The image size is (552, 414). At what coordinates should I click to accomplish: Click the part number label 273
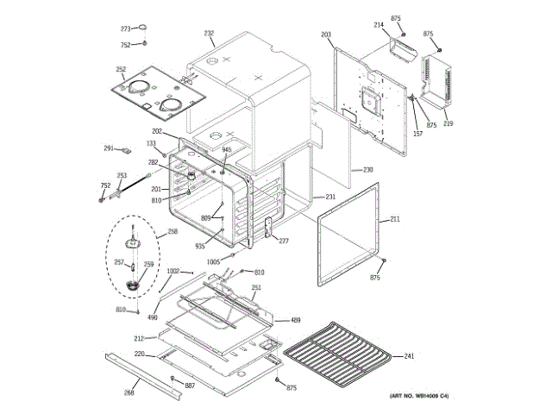click(125, 28)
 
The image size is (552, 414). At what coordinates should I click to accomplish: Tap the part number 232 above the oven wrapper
click(209, 34)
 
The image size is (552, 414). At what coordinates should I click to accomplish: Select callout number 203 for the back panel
click(325, 34)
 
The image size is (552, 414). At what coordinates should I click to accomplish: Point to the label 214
click(378, 25)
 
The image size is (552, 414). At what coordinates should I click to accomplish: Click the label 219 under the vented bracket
click(448, 124)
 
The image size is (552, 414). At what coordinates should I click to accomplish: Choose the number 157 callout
click(417, 133)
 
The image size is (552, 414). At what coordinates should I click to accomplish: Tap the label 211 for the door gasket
click(395, 219)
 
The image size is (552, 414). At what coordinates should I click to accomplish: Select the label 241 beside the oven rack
click(409, 355)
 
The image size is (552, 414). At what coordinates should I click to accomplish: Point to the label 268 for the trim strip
click(129, 392)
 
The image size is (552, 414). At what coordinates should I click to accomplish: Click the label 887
click(190, 385)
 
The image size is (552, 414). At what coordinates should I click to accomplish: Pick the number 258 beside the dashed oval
click(172, 231)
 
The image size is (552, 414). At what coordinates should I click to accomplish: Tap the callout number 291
click(110, 148)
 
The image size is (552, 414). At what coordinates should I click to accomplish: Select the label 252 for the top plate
click(121, 70)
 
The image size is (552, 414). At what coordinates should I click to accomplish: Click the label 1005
click(213, 260)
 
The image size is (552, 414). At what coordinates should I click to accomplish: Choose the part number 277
click(283, 241)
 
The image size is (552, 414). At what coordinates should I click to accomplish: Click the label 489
click(295, 320)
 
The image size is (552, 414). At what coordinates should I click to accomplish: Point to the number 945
click(227, 150)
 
